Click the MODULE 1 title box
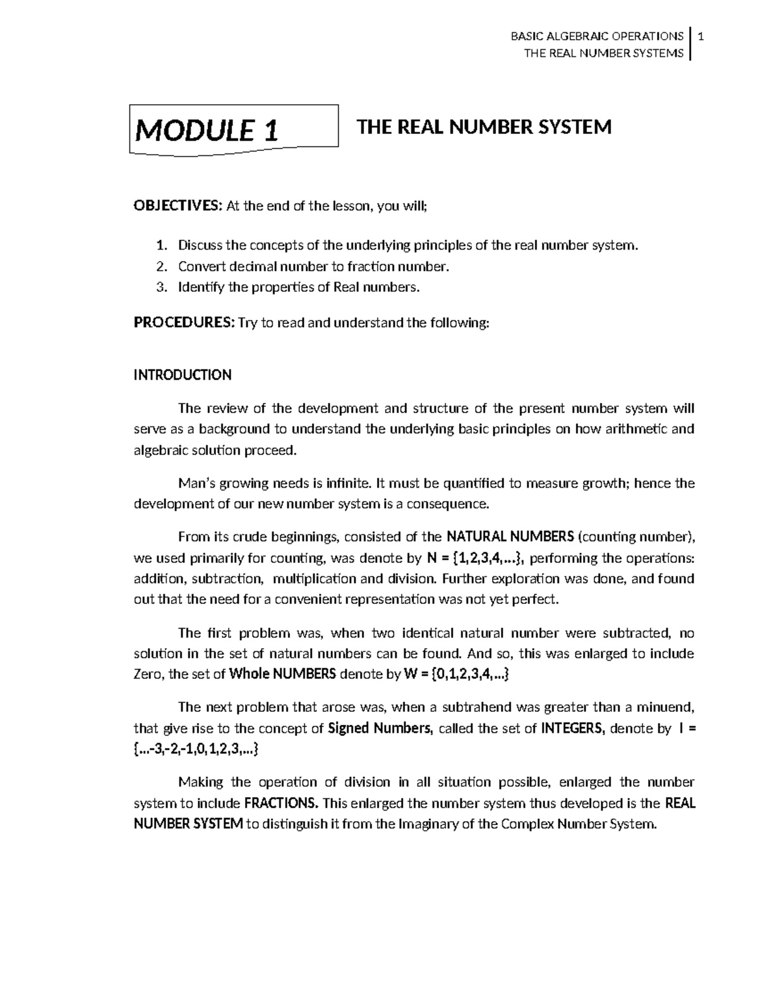click(x=234, y=130)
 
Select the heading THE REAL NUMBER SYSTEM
click(x=484, y=128)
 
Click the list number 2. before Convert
click(x=162, y=267)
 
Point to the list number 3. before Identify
click(x=162, y=287)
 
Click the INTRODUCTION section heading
click(x=183, y=375)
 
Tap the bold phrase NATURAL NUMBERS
click(x=510, y=537)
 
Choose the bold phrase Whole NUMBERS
click(x=282, y=674)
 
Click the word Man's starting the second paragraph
click(x=196, y=483)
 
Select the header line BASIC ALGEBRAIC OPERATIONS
click(x=596, y=37)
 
